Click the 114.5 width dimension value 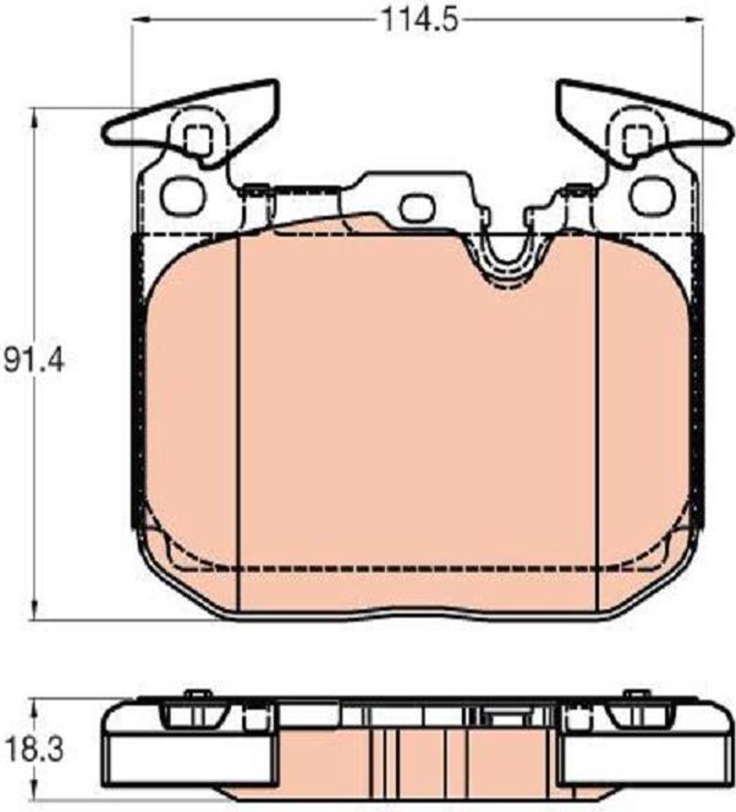420,21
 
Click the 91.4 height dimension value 34,361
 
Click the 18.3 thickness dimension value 34,749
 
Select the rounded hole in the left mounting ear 182,196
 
